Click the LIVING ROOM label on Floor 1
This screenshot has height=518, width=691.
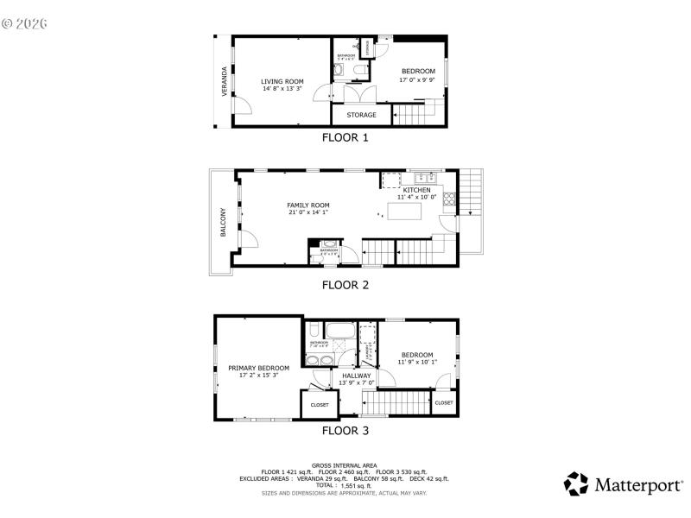click(x=282, y=81)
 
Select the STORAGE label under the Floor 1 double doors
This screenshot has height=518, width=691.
click(x=361, y=115)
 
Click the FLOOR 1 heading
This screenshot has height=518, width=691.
click(x=345, y=137)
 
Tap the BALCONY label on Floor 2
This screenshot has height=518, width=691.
click(x=223, y=223)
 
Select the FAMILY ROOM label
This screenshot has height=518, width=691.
click(x=307, y=205)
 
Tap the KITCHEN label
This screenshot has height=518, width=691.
click(x=416, y=189)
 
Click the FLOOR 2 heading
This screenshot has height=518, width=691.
click(x=345, y=284)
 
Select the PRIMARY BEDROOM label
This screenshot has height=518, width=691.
click(x=258, y=368)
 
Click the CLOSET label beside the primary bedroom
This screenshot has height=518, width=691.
click(x=320, y=404)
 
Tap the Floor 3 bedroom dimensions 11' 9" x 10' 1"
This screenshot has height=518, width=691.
click(x=417, y=362)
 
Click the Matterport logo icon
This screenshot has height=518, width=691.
click(x=576, y=483)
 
